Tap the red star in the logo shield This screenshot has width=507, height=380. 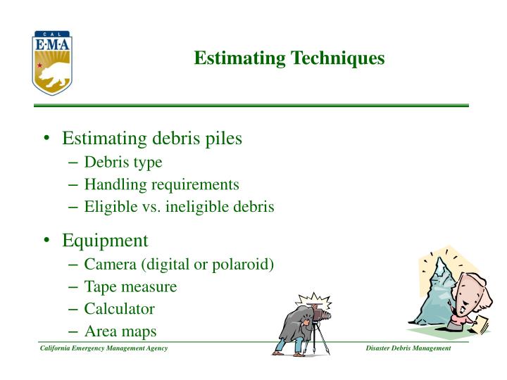pyautogui.click(x=41, y=65)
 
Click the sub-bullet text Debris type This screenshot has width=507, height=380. pyautogui.click(x=123, y=163)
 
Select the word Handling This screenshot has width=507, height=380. pyautogui.click(x=111, y=184)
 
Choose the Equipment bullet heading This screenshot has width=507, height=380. pyautogui.click(x=105, y=241)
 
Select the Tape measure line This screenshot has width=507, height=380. pyautogui.click(x=130, y=287)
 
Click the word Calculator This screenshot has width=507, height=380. pyautogui.click(x=119, y=309)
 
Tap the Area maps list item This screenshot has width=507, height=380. pyautogui.click(x=120, y=331)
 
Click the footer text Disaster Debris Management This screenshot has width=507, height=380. pyautogui.click(x=408, y=350)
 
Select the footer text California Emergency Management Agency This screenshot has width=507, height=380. pyautogui.click(x=103, y=350)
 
